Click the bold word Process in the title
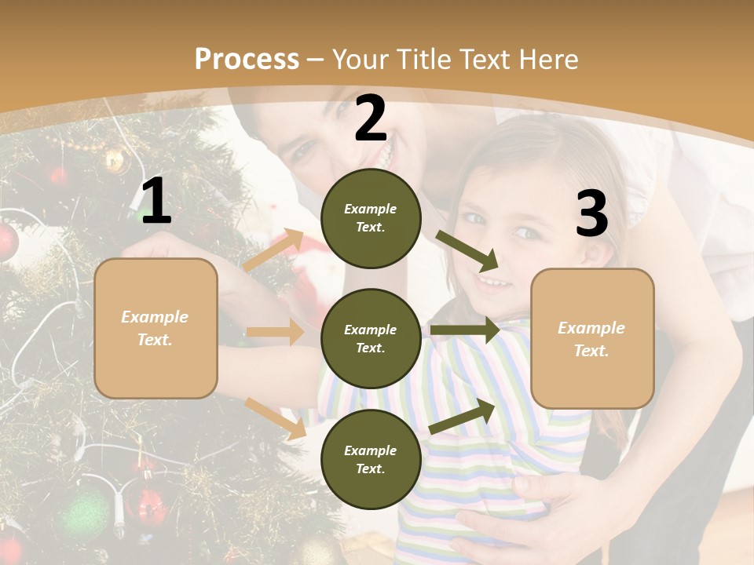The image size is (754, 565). [x=247, y=59]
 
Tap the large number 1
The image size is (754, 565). [x=156, y=202]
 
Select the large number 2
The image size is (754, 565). [x=371, y=119]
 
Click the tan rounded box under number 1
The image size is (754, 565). [x=156, y=328]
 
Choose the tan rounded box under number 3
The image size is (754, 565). [x=592, y=338]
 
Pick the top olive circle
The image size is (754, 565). [x=372, y=218]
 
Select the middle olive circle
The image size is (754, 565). [x=372, y=338]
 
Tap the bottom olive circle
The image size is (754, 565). [x=372, y=459]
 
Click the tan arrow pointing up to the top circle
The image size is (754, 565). [x=273, y=250]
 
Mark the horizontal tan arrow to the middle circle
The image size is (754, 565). [x=275, y=333]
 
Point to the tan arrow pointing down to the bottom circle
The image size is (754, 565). [x=275, y=417]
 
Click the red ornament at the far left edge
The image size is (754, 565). [x=6, y=242]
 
